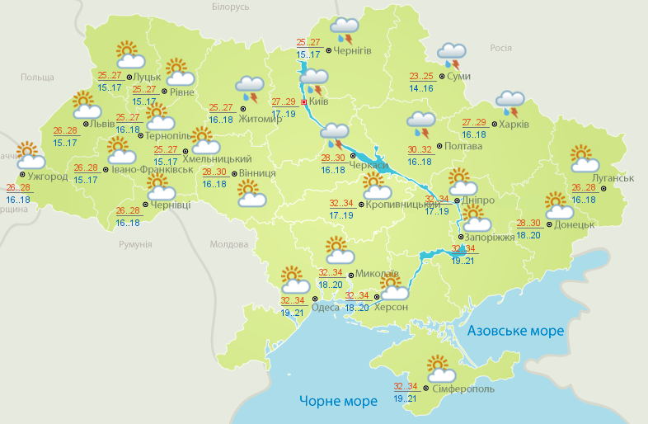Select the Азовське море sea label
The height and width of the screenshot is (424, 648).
pos(515,331)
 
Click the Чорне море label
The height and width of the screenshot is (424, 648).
pos(338,400)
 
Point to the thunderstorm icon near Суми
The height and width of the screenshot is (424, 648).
pos(452,55)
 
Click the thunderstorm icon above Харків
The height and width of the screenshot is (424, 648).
pos(509,104)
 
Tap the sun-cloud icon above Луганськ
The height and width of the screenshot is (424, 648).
pos(583,158)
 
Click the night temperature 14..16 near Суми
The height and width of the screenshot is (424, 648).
pos(420,88)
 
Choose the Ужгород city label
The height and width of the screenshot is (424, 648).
pos(47,177)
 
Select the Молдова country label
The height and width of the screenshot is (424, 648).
pos(228,245)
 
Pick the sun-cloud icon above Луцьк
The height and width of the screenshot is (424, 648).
pos(129,56)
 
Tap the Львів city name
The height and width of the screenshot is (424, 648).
pos(102,123)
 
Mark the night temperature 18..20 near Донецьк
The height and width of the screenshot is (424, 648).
pos(528,235)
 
